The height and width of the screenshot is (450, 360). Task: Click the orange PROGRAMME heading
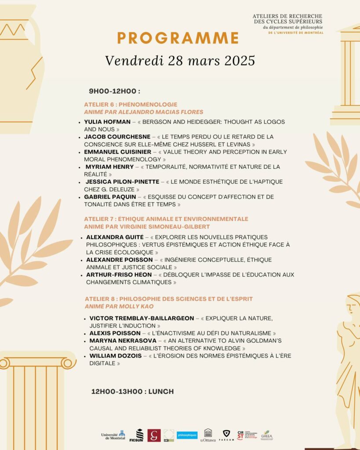click(x=178, y=38)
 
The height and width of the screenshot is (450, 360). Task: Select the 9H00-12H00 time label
click(x=114, y=91)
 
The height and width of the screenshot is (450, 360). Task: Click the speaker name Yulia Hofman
click(x=107, y=122)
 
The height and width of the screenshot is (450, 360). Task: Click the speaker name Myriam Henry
click(x=109, y=167)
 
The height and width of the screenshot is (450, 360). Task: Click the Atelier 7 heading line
click(x=166, y=219)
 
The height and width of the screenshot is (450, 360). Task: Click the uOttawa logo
click(x=208, y=435)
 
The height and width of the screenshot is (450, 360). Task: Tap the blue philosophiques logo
click(x=187, y=435)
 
